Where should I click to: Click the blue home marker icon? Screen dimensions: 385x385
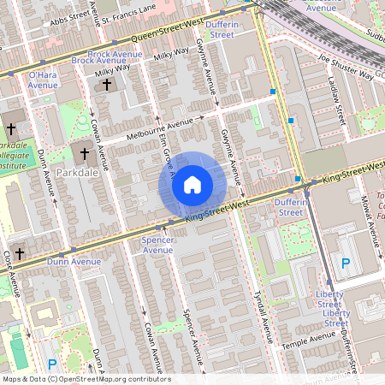[192, 185]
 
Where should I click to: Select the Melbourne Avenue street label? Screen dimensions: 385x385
[158, 126]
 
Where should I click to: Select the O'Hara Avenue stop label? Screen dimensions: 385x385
[43, 80]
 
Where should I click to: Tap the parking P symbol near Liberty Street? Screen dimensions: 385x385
[346, 264]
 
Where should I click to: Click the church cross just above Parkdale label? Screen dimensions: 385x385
[84, 155]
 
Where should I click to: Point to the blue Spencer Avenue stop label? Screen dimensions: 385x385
[157, 246]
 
